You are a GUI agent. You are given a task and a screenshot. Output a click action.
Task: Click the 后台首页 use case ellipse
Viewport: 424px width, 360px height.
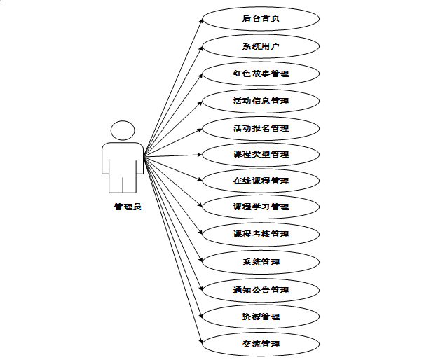[261, 19]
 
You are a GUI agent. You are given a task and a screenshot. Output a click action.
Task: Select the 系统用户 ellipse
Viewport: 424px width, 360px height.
[261, 46]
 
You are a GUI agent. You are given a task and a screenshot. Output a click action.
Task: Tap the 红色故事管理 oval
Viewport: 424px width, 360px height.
[261, 73]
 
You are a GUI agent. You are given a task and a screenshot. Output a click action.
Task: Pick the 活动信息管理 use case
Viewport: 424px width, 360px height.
[261, 101]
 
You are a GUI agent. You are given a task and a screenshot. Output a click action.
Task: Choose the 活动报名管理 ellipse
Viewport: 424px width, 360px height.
[261, 128]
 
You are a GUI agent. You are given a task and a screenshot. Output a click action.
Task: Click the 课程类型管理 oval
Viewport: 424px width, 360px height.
[261, 154]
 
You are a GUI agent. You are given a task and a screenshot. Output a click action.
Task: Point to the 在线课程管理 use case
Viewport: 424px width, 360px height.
[261, 181]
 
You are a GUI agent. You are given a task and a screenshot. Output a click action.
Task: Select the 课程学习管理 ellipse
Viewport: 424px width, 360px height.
[261, 207]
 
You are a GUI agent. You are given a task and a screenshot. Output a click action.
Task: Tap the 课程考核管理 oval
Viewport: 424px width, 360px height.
[261, 234]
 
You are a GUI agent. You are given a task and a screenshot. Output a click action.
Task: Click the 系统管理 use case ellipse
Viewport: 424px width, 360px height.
[261, 262]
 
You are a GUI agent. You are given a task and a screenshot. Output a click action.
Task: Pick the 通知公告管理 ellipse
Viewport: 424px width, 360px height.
[261, 290]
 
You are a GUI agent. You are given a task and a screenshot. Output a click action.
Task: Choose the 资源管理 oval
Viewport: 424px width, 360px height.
[261, 317]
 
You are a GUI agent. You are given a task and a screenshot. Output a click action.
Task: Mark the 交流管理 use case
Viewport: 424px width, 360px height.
[261, 344]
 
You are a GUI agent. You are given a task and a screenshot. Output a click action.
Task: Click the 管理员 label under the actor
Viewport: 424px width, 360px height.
[128, 207]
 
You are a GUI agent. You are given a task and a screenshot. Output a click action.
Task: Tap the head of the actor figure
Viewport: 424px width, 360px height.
[123, 130]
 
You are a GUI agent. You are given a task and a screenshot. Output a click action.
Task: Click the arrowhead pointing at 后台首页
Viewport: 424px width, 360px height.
[201, 22]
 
